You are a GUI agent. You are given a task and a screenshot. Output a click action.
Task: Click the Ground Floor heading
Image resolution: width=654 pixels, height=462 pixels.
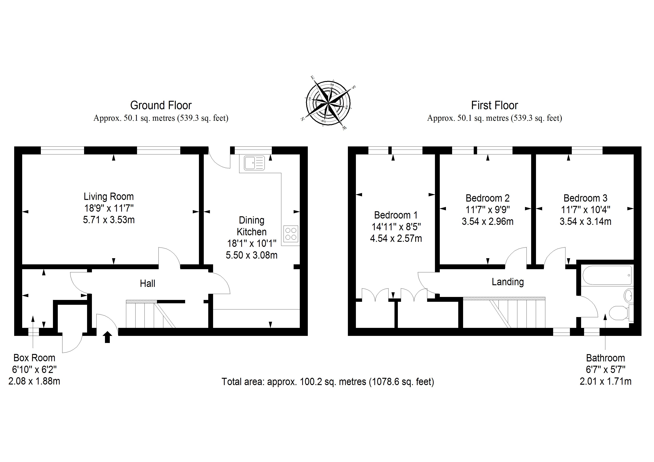(161, 105)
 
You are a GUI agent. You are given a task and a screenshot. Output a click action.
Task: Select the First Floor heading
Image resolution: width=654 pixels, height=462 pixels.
(494, 105)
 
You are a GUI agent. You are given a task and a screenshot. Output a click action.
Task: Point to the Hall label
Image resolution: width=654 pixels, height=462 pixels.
(147, 284)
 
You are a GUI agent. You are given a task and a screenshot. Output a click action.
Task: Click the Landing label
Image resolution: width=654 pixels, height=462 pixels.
(508, 282)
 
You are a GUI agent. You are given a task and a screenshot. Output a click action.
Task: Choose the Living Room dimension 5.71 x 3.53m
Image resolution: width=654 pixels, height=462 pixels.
(109, 220)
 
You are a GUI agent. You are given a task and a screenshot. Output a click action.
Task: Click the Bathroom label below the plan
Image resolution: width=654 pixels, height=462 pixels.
(605, 358)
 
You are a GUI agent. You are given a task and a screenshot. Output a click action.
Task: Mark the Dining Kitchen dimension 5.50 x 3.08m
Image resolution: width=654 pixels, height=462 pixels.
(251, 255)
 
